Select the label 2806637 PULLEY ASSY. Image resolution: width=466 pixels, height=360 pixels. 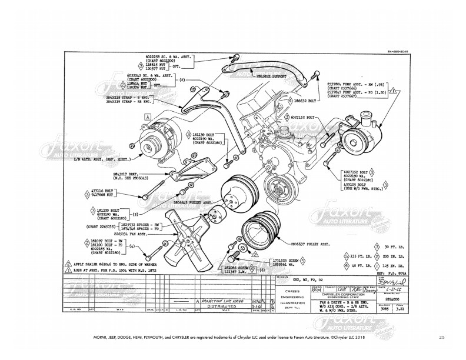coord(293,241)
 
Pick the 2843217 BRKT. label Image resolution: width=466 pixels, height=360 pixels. coord(126,175)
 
